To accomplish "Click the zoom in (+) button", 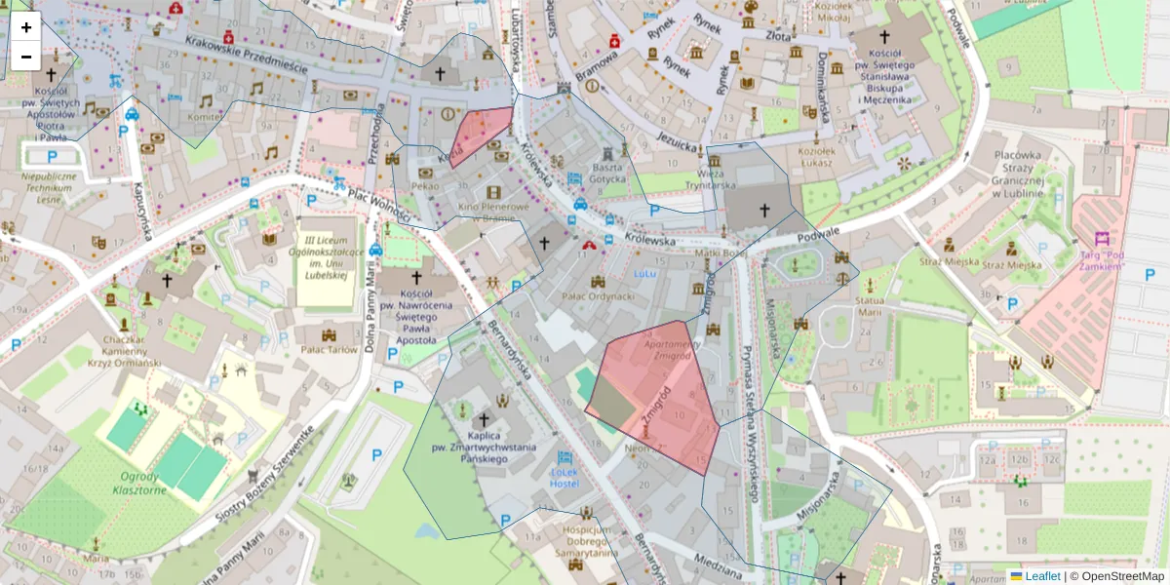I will point(26,27).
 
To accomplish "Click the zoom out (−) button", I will point(26,57).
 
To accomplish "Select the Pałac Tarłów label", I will point(329,349).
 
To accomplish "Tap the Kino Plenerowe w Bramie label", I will point(493,213).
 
